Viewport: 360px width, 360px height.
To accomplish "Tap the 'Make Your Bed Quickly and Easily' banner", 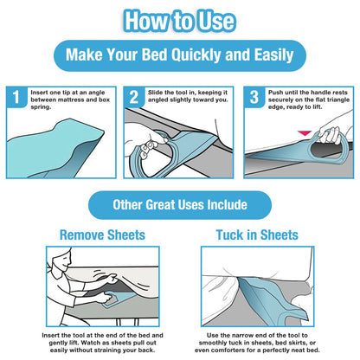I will (x=180, y=57).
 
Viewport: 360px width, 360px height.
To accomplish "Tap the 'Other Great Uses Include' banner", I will (x=180, y=205).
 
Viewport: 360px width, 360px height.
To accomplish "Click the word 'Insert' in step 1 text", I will (x=41, y=91).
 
